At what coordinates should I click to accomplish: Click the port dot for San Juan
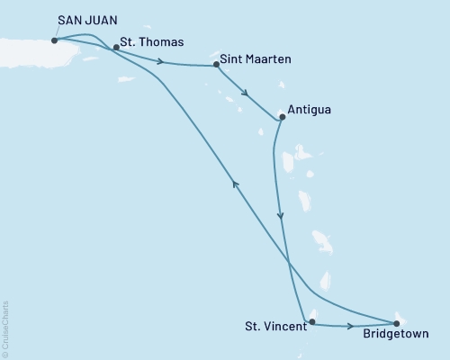pos(55,40)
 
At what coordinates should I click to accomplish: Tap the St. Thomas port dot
pos(116,48)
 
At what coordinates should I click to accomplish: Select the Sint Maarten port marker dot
pos(216,65)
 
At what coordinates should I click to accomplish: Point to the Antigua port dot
pos(282,116)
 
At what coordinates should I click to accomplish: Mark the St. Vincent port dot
pos(312,321)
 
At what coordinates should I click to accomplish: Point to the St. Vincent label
pos(275,328)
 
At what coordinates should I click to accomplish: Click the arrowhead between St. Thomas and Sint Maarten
pos(160,62)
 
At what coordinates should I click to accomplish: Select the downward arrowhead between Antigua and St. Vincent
pos(282,216)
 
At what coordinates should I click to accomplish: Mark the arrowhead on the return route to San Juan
pos(236,184)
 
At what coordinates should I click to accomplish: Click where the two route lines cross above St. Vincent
pos(289,261)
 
